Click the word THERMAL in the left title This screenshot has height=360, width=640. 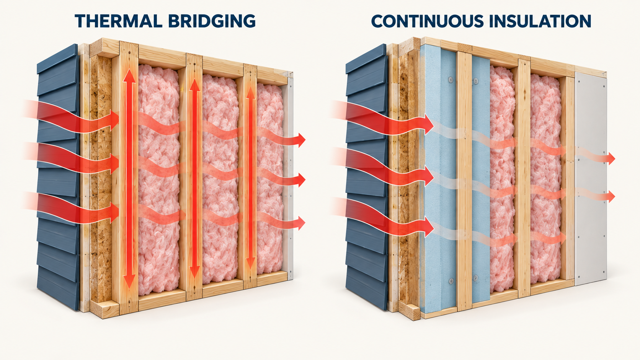118,21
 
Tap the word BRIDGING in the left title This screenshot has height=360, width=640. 212,21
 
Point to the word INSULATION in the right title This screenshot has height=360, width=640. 540,21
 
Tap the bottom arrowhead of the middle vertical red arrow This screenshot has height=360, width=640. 194,272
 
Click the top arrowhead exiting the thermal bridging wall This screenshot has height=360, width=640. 301,140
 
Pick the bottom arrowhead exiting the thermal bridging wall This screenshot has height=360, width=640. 301,223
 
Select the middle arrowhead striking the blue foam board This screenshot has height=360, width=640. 429,177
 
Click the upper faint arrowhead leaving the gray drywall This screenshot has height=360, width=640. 611,158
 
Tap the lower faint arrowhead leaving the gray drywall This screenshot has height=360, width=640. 611,197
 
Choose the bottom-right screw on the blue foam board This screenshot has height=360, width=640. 475,277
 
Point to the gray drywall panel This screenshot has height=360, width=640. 591,177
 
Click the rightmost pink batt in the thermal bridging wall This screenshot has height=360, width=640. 270,178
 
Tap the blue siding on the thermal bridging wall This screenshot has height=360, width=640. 58,177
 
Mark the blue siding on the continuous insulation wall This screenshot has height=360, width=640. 367,177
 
